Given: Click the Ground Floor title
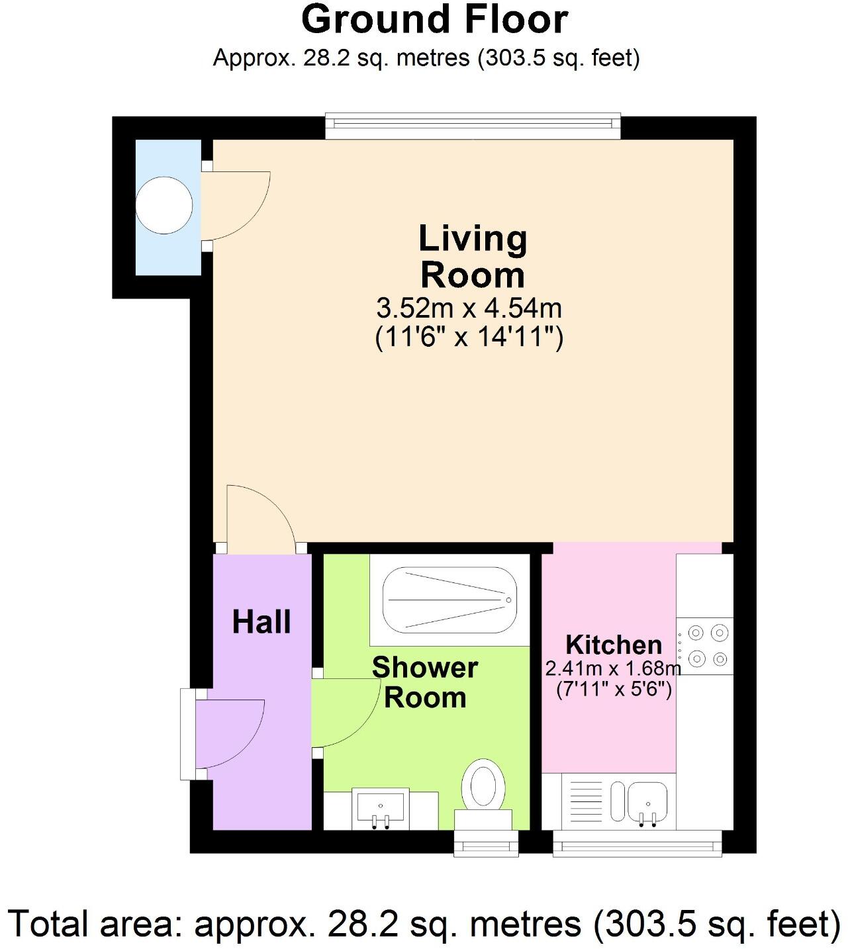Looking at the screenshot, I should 434,19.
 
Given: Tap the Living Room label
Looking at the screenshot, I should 473,257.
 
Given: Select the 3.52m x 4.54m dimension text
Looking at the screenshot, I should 469,308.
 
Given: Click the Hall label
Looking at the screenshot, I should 261,622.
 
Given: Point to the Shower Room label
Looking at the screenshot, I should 425,682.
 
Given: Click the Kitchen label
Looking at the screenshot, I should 614,645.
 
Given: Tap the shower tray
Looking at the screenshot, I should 450,599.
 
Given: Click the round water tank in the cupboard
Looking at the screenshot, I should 164,205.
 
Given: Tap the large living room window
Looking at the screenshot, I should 473,125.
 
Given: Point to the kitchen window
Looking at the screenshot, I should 637,843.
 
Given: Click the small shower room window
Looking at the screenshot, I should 487,843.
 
